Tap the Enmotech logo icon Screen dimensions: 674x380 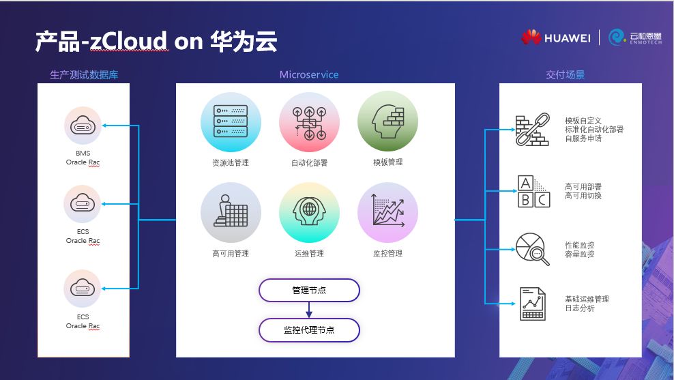[x=617, y=37]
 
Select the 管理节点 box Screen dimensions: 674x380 [x=308, y=290]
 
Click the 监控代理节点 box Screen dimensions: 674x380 [x=308, y=330]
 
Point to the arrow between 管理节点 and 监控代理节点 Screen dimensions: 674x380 [x=308, y=310]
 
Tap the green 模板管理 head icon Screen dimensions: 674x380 [x=387, y=122]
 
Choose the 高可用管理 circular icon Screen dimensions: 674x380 [x=230, y=212]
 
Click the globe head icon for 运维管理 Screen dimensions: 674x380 [x=308, y=212]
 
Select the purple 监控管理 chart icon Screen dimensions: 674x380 [x=387, y=212]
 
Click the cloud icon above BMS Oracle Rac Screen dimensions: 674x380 [x=83, y=126]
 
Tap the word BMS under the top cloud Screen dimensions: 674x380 [x=83, y=154]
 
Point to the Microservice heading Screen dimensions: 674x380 [x=308, y=74]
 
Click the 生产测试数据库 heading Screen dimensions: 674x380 [x=84, y=74]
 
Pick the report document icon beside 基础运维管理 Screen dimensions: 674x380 [x=533, y=304]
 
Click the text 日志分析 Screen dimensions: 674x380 [x=579, y=308]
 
